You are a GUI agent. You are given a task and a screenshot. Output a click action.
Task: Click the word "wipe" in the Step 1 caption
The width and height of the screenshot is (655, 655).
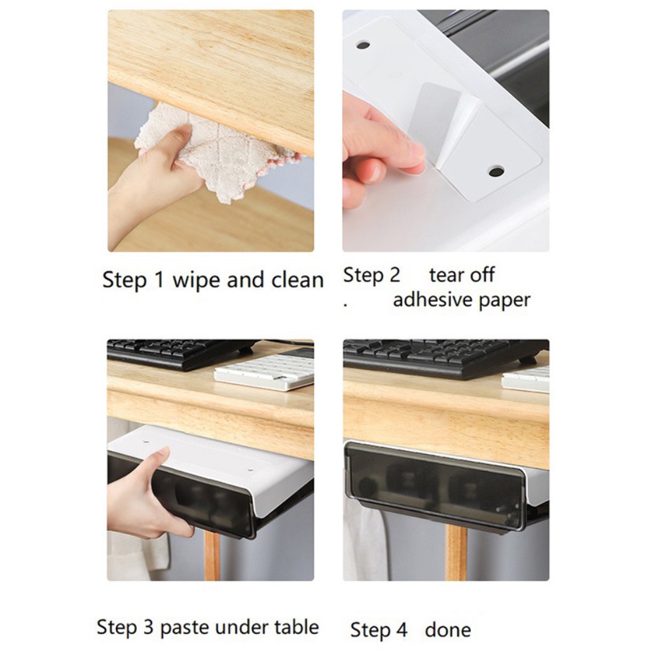(x=195, y=281)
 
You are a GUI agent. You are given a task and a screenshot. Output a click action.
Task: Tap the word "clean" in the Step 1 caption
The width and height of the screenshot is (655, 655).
(x=292, y=280)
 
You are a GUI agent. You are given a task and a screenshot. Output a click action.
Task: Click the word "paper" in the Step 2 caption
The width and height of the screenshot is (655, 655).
(x=504, y=301)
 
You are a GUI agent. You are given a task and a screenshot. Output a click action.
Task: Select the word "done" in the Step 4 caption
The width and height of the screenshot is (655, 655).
(x=448, y=630)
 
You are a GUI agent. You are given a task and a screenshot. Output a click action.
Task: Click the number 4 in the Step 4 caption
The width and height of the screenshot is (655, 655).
(x=400, y=630)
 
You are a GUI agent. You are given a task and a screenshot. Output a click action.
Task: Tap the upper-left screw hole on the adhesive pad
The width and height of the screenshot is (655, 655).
(x=362, y=45)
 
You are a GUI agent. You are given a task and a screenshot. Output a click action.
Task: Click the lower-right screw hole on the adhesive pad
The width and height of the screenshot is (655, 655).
(x=496, y=172)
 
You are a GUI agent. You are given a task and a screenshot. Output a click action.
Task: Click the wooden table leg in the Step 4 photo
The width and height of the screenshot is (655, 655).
(x=457, y=553)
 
